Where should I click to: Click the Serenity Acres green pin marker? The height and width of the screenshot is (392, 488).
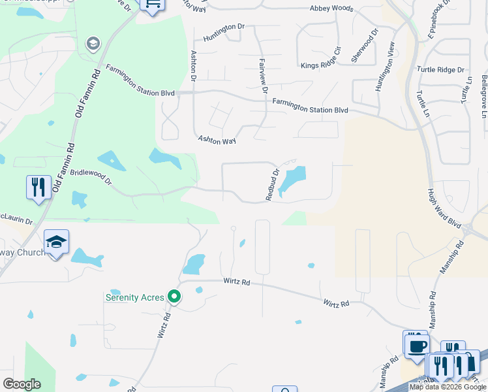(x=174, y=297)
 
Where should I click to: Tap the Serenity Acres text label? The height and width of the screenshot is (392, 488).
(x=135, y=297)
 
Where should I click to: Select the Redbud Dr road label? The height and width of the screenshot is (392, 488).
(x=272, y=185)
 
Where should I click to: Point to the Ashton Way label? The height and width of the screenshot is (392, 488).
(x=217, y=140)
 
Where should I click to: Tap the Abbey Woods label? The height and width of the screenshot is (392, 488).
(x=331, y=8)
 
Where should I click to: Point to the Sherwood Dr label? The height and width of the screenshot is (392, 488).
(x=365, y=45)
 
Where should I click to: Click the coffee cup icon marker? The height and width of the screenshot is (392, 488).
(x=416, y=344)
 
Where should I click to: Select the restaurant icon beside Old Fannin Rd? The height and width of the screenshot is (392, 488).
(x=38, y=187)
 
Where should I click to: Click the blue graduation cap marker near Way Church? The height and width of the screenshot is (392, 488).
(x=57, y=242)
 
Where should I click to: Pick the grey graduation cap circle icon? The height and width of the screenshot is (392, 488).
(x=93, y=44)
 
